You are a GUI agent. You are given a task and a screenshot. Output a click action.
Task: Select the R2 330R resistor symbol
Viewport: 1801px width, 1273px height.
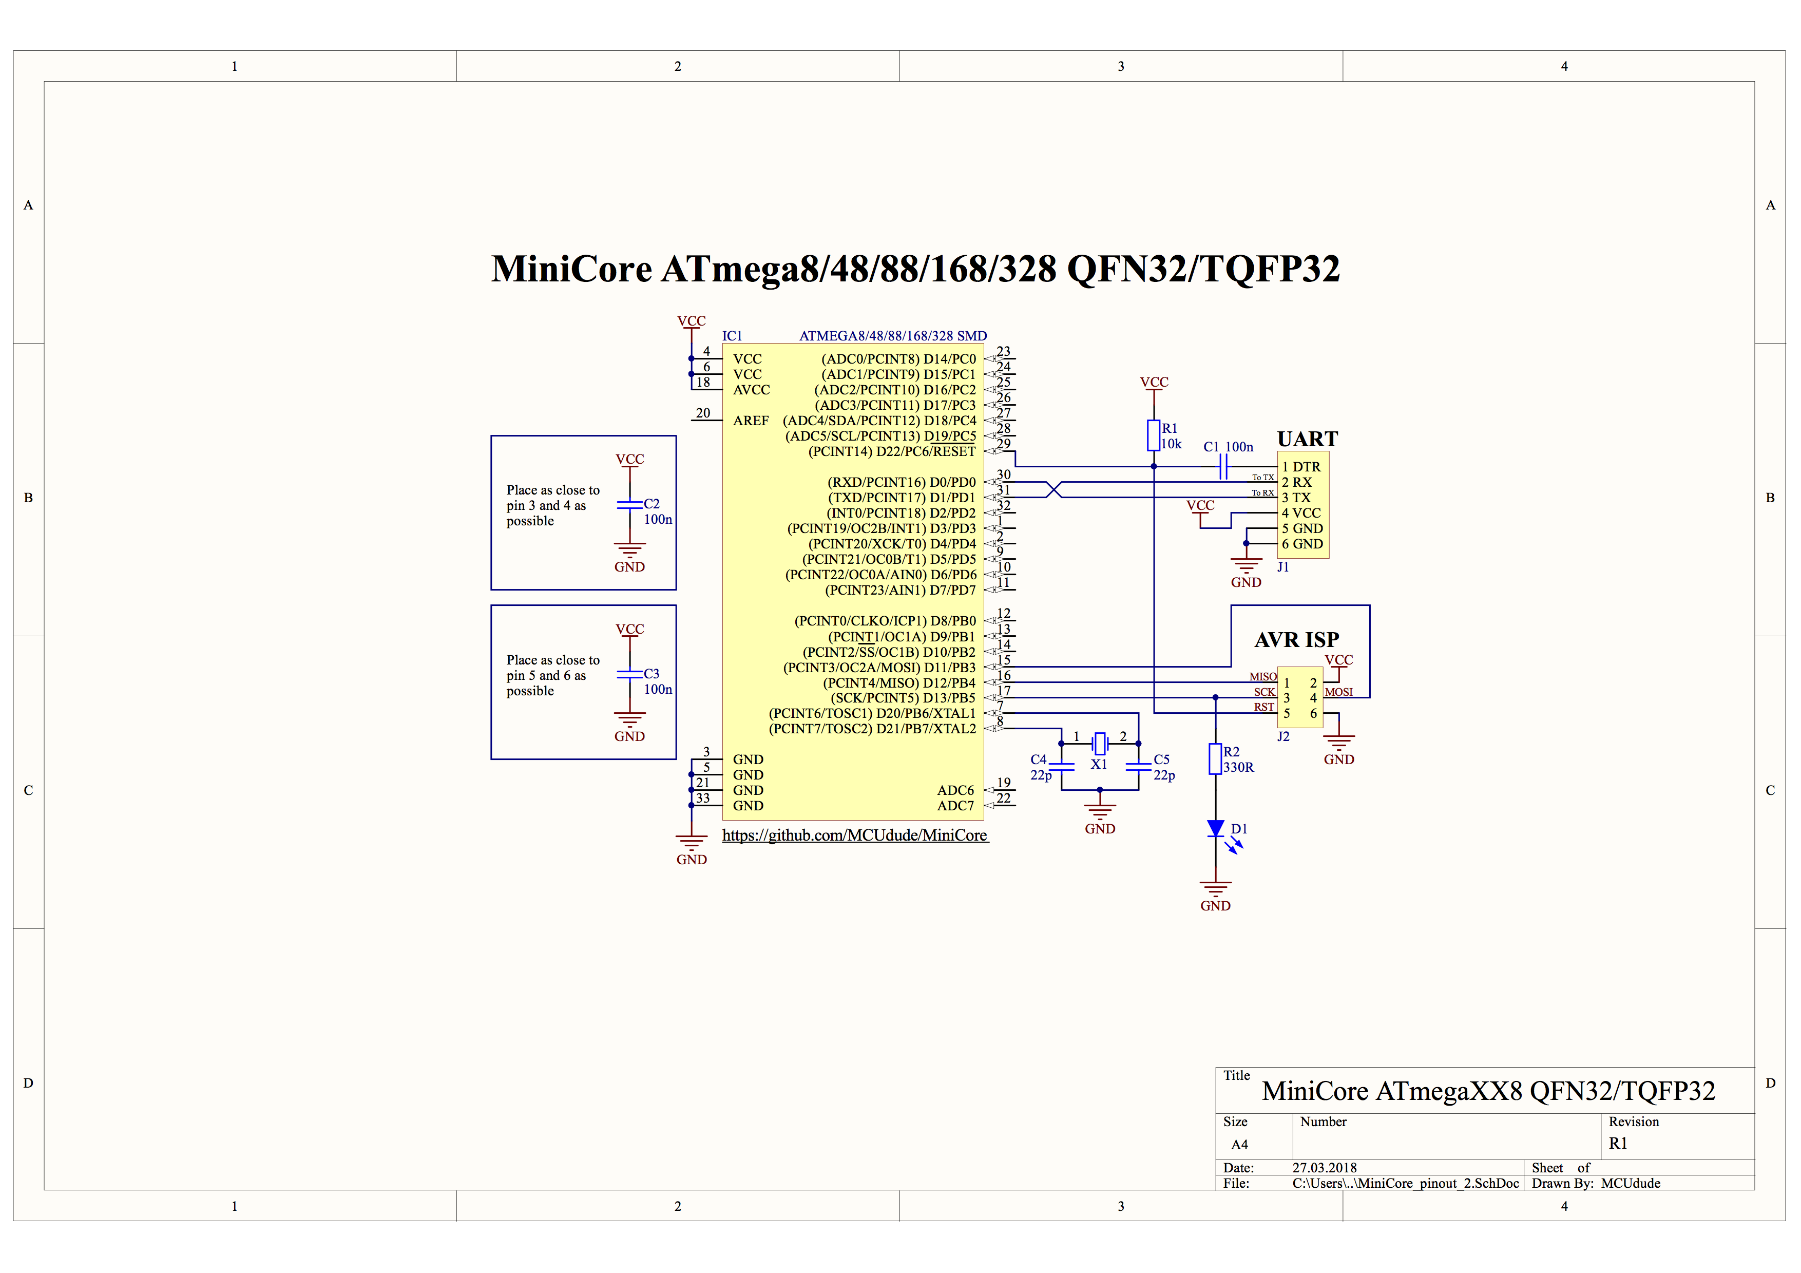coord(1215,758)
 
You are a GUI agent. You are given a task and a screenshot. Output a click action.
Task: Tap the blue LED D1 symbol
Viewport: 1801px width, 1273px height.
coord(1215,828)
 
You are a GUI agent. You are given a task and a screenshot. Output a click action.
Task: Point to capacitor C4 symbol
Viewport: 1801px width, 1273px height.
coord(1061,766)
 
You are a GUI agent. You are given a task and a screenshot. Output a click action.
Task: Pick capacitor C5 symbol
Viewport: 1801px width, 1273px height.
coord(1138,766)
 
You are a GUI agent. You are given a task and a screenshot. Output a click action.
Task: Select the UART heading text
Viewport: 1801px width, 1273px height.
coord(1307,439)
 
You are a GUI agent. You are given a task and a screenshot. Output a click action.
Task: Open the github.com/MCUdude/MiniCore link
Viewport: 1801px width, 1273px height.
coord(854,835)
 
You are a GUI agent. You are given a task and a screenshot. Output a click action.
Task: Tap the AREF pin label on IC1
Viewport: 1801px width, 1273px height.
coord(751,421)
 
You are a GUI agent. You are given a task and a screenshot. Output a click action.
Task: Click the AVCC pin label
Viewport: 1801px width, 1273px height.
coord(752,390)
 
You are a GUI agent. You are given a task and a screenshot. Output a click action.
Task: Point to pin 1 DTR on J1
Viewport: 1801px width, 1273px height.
coord(1301,467)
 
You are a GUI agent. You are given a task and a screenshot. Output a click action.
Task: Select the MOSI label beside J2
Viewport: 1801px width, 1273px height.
coord(1338,692)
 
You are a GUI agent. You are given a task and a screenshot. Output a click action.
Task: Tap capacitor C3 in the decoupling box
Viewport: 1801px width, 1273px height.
coord(630,675)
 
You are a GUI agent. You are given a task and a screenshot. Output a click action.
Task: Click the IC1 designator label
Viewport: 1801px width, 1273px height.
coord(732,336)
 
